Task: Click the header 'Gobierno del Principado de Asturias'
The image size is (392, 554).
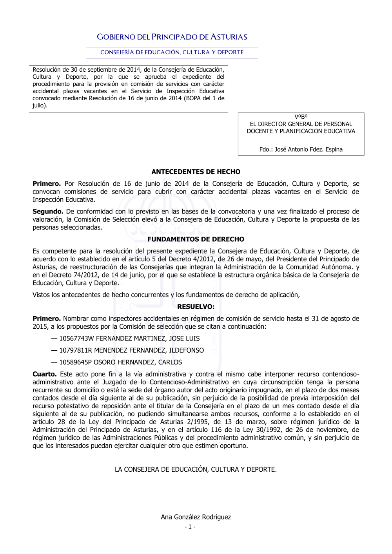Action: [172, 37]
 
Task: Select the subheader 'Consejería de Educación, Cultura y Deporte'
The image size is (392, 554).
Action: [172, 52]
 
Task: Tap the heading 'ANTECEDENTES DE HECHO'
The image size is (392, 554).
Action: [196, 172]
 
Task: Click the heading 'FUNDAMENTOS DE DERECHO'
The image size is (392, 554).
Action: [196, 239]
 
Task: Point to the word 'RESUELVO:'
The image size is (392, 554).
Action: [196, 306]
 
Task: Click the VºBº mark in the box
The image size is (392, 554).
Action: [301, 117]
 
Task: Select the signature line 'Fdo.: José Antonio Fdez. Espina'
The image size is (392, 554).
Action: [301, 149]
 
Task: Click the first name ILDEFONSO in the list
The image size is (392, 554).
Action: [187, 350]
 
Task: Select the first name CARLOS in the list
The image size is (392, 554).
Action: [170, 362]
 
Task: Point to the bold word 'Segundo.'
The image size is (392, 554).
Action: [48, 212]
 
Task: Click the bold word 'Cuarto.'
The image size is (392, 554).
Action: [45, 374]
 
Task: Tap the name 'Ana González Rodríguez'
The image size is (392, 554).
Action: [196, 517]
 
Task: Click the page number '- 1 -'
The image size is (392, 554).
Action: [190, 527]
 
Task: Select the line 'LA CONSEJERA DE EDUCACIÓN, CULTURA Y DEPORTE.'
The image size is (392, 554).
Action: [196, 469]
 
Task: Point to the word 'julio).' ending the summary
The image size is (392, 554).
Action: [40, 105]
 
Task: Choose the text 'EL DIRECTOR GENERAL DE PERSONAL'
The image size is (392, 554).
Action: [301, 124]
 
